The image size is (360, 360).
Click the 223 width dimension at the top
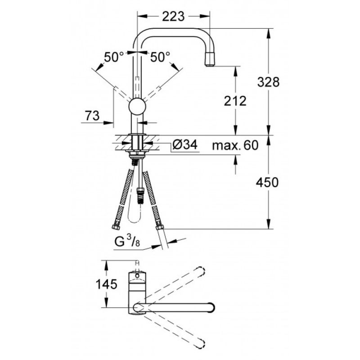point(173,17)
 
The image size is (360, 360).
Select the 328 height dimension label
point(268,82)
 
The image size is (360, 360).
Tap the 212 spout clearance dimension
point(235,101)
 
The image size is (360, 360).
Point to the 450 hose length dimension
point(267,182)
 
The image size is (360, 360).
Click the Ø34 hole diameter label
point(185,145)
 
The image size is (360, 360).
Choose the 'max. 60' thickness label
point(235,145)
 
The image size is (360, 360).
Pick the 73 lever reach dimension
point(92,116)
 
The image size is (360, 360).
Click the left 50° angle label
point(114,57)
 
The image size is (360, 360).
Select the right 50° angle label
point(160,57)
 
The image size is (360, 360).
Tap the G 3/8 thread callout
point(127,242)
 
